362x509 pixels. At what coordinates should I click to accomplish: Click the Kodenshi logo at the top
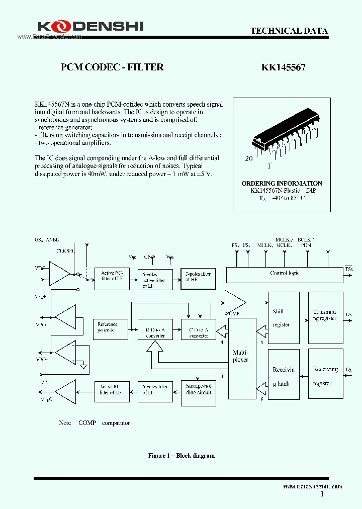click(x=90, y=26)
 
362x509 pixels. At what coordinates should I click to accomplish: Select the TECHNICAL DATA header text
click(x=289, y=31)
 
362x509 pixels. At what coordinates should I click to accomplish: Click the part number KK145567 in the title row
click(x=283, y=67)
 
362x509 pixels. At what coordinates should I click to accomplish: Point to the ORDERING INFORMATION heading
click(x=282, y=184)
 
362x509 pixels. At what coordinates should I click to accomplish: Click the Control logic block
click(x=285, y=274)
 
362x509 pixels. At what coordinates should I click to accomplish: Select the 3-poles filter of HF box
click(x=198, y=279)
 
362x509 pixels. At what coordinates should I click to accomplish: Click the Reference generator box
click(x=108, y=328)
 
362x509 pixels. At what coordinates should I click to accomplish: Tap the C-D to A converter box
click(x=198, y=329)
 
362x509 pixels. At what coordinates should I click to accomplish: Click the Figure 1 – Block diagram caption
click(x=181, y=456)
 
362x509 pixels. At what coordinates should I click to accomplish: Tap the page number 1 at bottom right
click(x=321, y=494)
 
